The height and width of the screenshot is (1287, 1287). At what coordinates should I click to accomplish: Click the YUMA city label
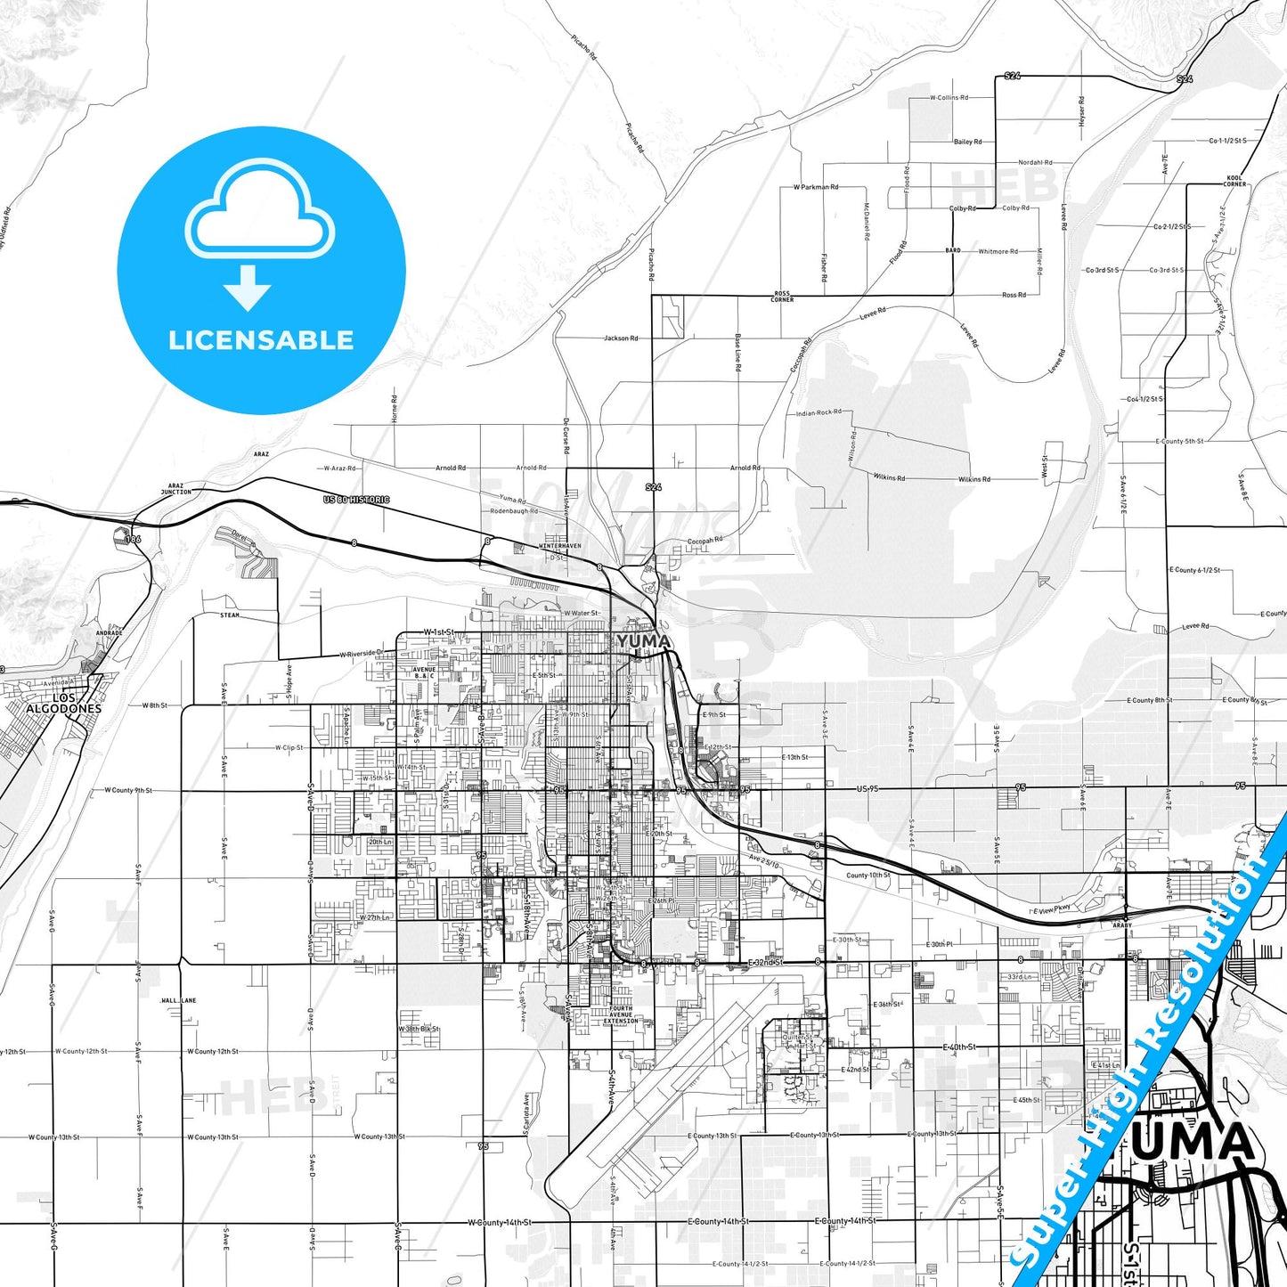coord(642,641)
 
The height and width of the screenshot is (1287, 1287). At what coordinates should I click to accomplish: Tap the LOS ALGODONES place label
coord(63,704)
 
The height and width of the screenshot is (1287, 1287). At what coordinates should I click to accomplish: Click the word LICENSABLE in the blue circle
coord(261,340)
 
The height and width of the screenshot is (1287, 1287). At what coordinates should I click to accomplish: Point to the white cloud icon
coord(259,212)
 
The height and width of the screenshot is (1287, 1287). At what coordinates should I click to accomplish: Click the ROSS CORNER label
coord(782,296)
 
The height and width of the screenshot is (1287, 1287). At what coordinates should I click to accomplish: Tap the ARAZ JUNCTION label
coord(175,489)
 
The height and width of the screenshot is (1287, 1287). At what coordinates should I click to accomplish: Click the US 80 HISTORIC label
coord(356,500)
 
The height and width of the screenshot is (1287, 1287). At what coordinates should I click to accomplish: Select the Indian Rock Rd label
coord(818,412)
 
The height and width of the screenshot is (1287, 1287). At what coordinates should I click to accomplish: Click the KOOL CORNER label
coord(1234,181)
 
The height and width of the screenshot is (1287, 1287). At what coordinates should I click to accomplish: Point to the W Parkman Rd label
coord(815,187)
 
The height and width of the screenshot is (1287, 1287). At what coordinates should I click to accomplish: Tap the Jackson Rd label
coord(621,338)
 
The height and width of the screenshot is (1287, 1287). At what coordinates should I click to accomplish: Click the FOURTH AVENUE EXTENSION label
coord(621,1014)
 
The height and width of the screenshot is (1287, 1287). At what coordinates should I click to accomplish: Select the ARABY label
coord(1122,925)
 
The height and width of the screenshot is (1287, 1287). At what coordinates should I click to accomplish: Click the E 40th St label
coord(959,1047)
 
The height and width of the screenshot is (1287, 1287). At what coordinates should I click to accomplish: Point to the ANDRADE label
coord(109,633)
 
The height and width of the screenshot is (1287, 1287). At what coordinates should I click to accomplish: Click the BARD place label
coord(953,251)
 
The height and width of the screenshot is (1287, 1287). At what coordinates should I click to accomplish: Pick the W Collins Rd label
coord(949,98)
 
